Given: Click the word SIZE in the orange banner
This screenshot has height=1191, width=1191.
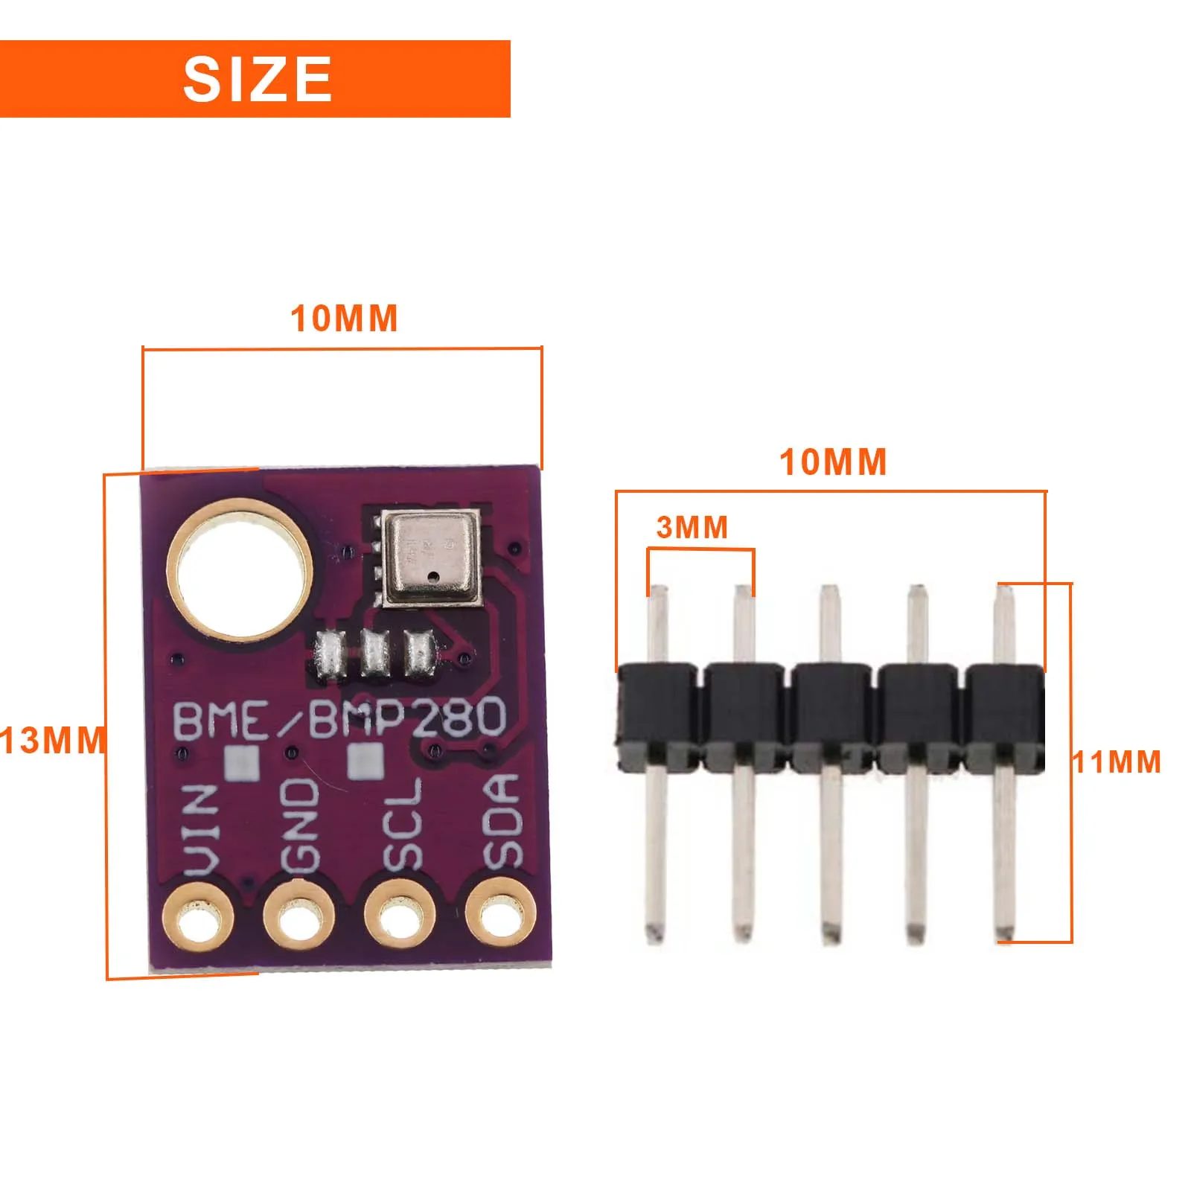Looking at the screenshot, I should [257, 79].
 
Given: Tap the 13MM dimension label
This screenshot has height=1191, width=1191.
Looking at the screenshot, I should [52, 741].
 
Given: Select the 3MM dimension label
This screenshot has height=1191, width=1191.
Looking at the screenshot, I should [692, 527].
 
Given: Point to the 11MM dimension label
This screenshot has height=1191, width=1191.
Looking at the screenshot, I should [1116, 761].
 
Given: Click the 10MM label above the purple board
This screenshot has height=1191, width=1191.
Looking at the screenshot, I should [344, 319].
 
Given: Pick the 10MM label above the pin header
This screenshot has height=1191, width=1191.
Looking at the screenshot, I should [833, 462].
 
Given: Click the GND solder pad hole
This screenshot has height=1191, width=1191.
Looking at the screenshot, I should [298, 919].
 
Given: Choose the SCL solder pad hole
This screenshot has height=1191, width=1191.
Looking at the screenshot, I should [400, 918].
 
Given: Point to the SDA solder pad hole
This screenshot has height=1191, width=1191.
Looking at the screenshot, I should [500, 915].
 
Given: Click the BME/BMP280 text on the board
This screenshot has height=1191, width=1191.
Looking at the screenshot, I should [339, 718].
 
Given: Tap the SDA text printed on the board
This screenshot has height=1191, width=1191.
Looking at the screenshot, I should [501, 821].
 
